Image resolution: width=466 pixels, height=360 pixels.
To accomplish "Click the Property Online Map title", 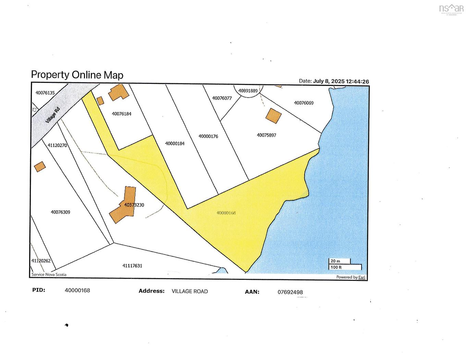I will click(77, 75).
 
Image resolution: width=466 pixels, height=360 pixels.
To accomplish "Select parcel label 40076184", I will click(122, 114).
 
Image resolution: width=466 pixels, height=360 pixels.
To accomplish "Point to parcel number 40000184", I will click(175, 144).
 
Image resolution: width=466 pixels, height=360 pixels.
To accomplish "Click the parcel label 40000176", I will click(208, 136).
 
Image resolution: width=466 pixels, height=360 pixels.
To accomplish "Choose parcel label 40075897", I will click(267, 135).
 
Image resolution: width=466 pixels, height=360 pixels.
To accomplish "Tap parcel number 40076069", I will click(304, 103).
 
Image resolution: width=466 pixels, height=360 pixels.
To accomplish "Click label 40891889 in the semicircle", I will click(248, 91).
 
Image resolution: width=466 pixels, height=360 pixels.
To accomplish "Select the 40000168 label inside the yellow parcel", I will click(226, 213).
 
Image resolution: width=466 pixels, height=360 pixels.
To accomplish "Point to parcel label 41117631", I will click(132, 265).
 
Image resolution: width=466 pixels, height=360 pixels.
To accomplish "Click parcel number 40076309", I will click(61, 212).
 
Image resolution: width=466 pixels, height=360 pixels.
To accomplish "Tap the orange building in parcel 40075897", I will click(273, 115).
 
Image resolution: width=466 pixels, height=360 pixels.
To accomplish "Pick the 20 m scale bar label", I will click(335, 261).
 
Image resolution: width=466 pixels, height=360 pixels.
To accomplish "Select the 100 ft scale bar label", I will click(336, 267).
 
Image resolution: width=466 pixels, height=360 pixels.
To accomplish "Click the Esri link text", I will click(362, 277).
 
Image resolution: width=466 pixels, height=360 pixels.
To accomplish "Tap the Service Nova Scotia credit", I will click(49, 274).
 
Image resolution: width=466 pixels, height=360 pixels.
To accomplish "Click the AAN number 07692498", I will click(290, 292).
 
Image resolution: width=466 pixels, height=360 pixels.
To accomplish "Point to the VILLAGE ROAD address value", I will click(190, 291).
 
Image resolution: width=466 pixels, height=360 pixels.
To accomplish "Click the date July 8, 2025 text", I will click(329, 81).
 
